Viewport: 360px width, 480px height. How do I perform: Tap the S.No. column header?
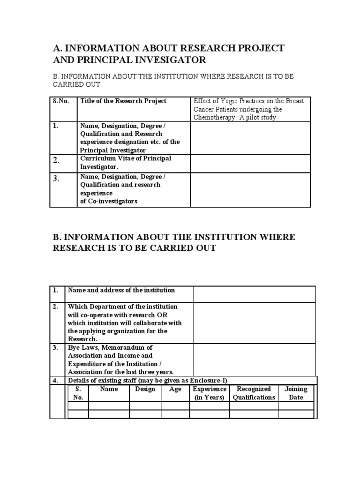pos(60,101)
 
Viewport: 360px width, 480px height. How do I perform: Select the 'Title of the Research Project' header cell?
pos(123,101)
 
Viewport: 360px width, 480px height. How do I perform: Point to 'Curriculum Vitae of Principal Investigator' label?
pos(126,162)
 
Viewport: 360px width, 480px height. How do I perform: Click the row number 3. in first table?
pos(56,178)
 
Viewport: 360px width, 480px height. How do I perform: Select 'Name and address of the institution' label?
pos(121,290)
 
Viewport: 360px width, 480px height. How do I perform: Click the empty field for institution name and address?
pos(254,294)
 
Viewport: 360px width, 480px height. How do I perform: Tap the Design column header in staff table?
pos(145,389)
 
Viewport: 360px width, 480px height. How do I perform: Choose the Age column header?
pos(175,389)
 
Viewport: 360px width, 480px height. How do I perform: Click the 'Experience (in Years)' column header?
pos(210,393)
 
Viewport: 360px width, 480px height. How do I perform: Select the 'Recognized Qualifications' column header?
pos(254,393)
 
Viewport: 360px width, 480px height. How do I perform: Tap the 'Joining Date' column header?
pos(296,393)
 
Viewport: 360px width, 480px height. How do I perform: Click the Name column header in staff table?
pos(109,389)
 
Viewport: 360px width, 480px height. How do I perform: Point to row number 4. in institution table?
pos(55,380)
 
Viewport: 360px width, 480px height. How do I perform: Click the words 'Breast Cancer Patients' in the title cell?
pos(230,105)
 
